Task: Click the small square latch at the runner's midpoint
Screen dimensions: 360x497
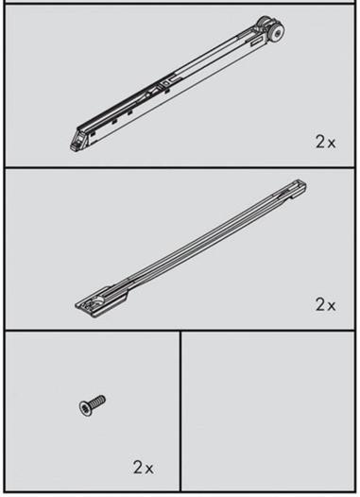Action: tap(164, 83)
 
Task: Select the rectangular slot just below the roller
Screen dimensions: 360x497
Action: tap(258, 42)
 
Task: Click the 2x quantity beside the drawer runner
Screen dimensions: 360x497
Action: tap(325, 142)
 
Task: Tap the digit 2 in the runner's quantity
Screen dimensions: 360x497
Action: tap(320, 142)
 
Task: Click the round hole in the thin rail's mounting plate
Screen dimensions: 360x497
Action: tap(100, 299)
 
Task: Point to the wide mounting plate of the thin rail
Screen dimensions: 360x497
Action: tap(101, 301)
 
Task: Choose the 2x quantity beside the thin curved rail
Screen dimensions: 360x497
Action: tap(325, 304)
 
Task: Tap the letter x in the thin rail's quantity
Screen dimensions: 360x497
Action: tap(331, 306)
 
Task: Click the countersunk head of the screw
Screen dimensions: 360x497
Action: tap(85, 408)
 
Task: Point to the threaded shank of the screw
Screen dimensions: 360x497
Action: tap(98, 401)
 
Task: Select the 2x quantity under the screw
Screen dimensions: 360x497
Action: tap(144, 468)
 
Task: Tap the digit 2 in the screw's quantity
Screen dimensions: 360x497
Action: tap(139, 468)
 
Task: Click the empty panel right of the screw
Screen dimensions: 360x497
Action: tap(267, 411)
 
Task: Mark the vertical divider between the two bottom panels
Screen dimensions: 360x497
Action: tap(180, 411)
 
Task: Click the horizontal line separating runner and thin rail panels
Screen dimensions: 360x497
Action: tap(180, 167)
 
